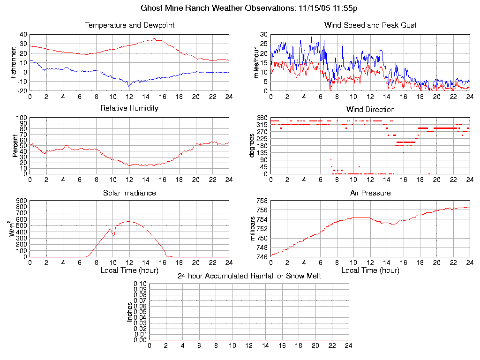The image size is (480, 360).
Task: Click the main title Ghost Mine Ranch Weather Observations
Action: [250, 8]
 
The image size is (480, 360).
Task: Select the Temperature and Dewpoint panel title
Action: [129, 25]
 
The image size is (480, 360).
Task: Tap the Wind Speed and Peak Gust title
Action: [370, 25]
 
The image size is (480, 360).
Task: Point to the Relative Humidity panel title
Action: [129, 108]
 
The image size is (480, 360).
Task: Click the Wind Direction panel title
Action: [370, 109]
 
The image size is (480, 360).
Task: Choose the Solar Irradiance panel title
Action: [129, 193]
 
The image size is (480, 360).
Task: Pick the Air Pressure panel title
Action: [370, 193]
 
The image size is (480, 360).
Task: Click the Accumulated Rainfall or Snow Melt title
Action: [249, 276]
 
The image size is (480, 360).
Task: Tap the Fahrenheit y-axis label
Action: [14, 62]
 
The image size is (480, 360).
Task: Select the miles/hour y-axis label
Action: [256, 62]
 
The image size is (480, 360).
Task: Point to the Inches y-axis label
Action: [130, 312]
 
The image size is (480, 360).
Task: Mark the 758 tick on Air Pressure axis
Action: [262, 201]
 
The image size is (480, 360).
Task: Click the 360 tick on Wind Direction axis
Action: [262, 118]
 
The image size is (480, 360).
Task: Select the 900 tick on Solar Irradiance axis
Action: [22, 201]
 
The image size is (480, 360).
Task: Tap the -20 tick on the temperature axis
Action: [22, 91]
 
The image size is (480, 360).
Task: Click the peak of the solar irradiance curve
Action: [129, 221]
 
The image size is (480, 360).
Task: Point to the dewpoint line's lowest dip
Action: [129, 86]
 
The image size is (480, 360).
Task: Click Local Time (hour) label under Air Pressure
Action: [370, 270]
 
